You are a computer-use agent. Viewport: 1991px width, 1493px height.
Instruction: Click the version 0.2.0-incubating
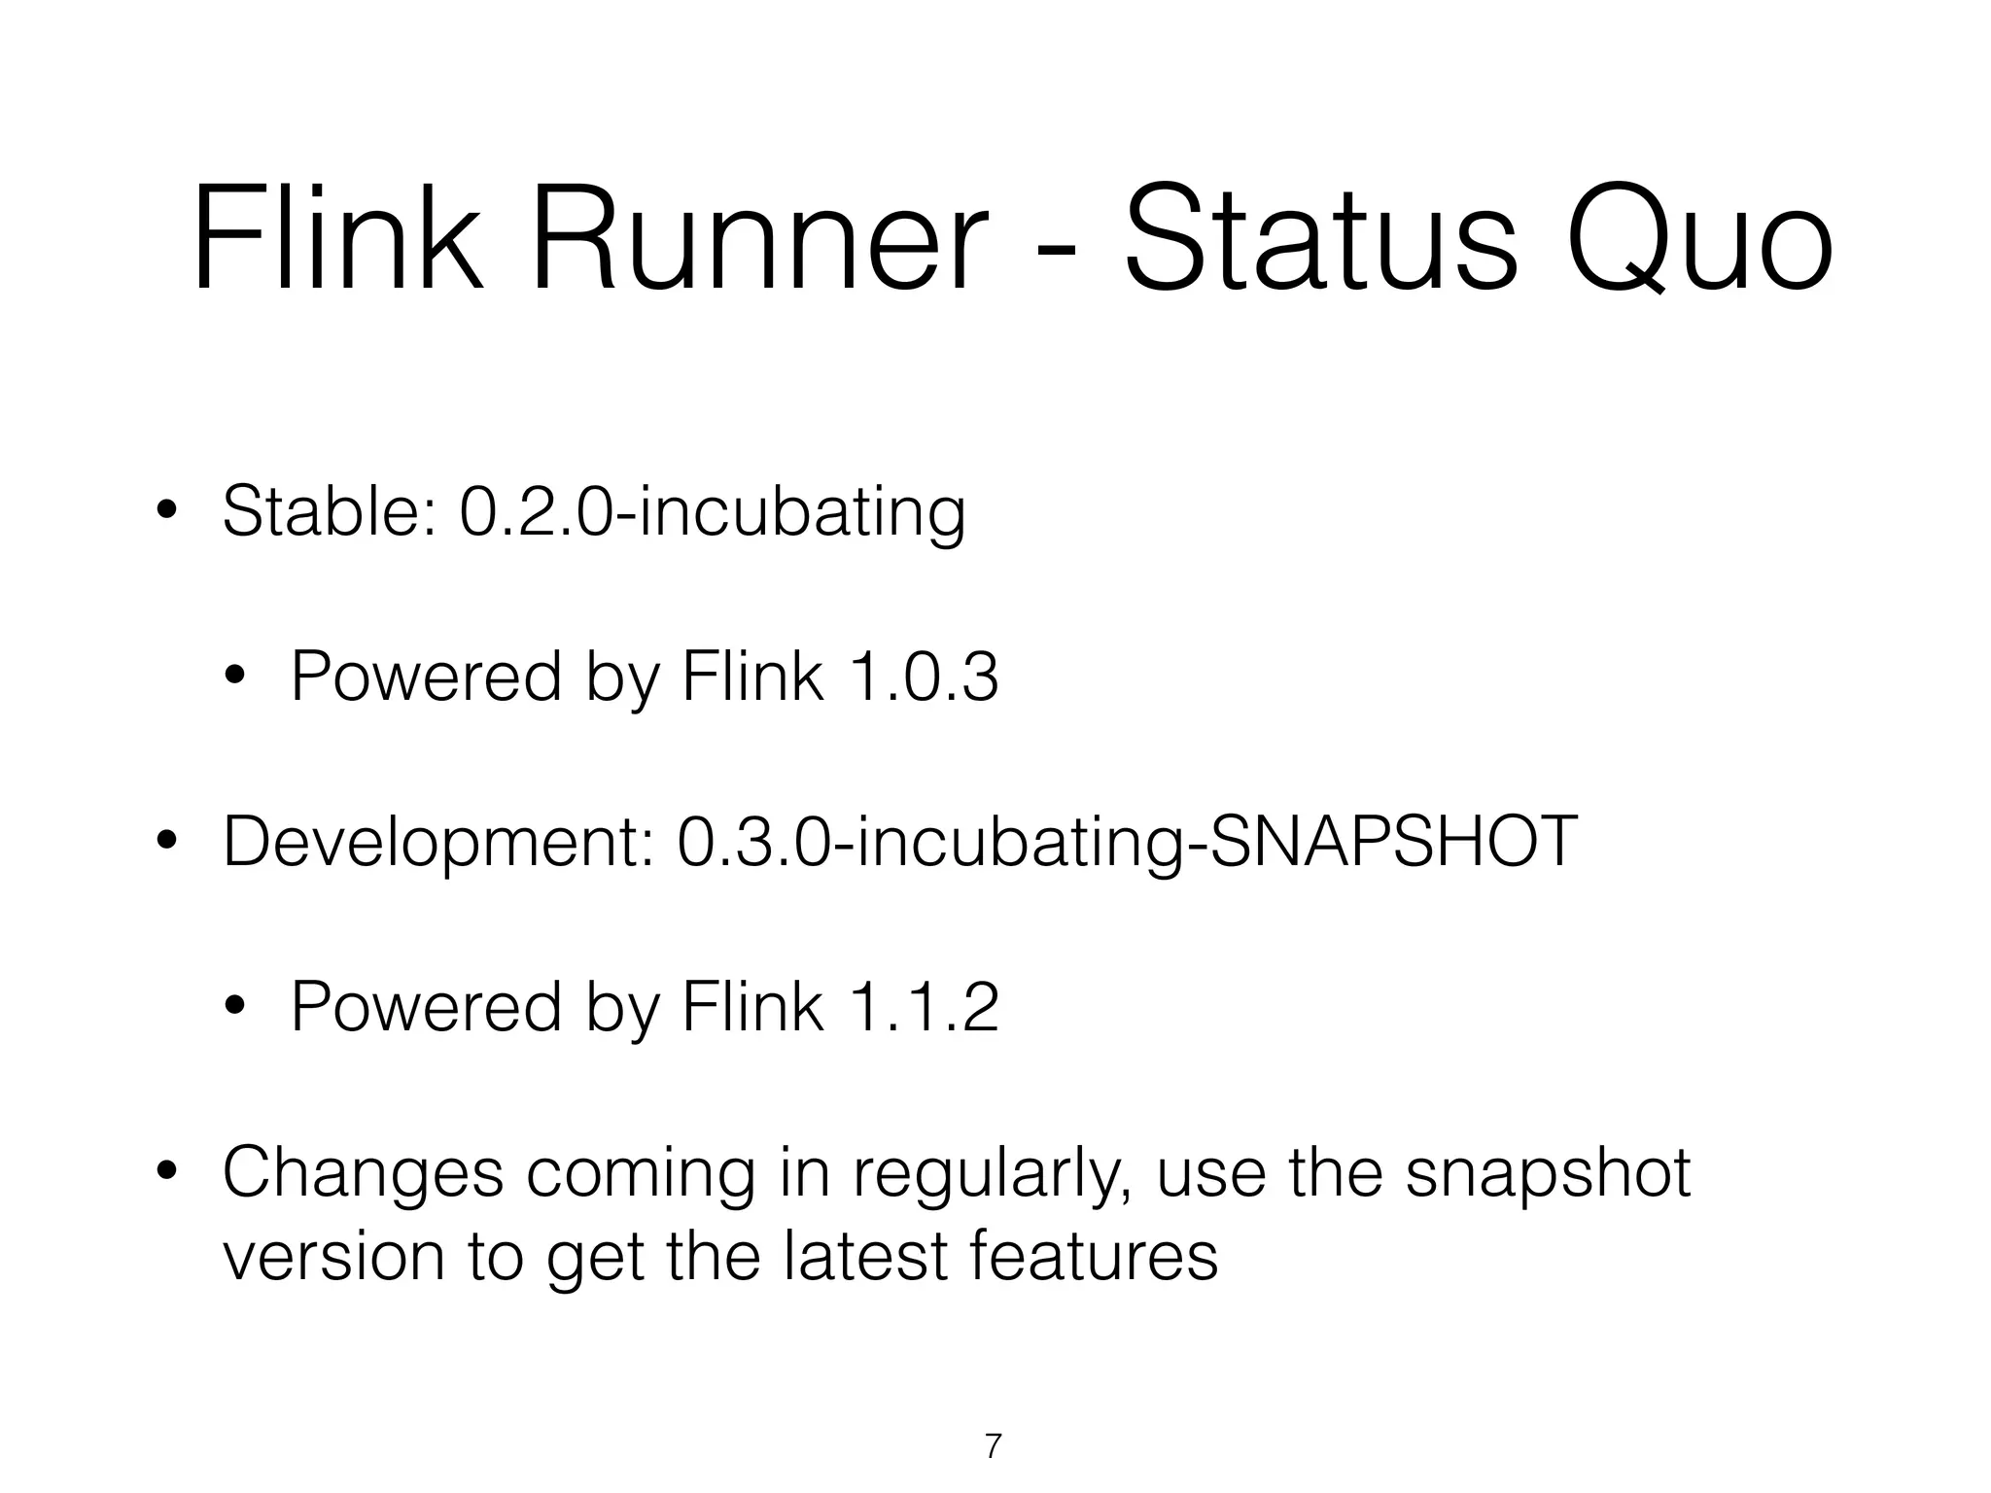713,513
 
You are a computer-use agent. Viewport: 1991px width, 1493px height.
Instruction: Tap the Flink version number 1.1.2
924,1007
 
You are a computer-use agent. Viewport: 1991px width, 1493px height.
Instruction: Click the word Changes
363,1174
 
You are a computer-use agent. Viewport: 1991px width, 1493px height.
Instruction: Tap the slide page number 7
993,1446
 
